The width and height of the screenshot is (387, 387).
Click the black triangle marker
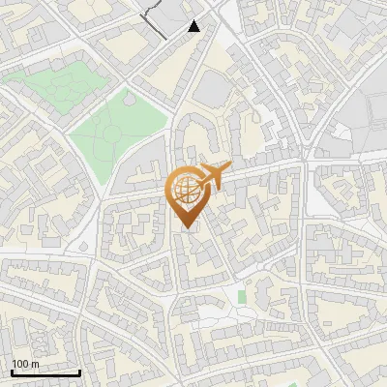coord(194,26)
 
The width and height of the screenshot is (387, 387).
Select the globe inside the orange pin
coord(190,191)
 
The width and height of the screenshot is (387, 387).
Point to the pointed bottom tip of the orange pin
coord(187,228)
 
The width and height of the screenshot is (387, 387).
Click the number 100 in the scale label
coord(20,364)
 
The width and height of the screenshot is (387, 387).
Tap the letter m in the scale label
coord(34,364)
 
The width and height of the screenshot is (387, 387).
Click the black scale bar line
coord(45,372)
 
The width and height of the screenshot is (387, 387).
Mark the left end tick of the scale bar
coord(12,371)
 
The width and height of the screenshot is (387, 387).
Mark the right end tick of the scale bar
coord(79,371)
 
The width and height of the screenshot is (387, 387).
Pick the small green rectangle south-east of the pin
coord(242,294)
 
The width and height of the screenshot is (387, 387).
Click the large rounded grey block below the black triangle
coord(213,92)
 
